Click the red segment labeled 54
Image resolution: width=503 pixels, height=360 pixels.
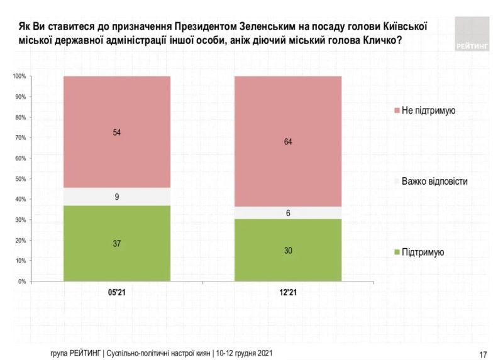(117, 132)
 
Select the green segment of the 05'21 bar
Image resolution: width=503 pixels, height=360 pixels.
(117, 243)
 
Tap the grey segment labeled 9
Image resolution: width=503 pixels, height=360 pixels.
(117, 197)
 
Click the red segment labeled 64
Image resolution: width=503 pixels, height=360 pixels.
(288, 141)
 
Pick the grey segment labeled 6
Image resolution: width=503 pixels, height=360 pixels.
(288, 213)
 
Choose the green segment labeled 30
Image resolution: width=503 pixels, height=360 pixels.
(288, 250)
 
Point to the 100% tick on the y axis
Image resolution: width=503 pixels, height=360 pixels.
(18, 77)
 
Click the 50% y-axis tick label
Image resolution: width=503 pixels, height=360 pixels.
(19, 179)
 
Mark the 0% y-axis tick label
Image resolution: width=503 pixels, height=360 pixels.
(21, 281)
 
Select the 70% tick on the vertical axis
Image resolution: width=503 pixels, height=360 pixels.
(19, 138)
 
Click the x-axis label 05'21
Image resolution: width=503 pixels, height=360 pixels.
(117, 293)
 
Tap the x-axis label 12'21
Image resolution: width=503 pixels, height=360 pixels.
(288, 293)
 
